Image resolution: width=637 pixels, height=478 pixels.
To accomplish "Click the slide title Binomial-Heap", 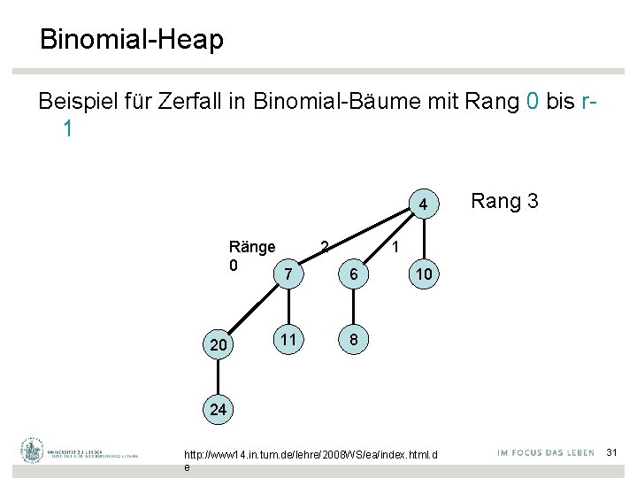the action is (x=131, y=40).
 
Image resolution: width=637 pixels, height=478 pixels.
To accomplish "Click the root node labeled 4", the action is (x=424, y=205).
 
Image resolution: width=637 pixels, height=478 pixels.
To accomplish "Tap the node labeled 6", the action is (x=353, y=274).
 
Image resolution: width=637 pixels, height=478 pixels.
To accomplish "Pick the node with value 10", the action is (x=424, y=274).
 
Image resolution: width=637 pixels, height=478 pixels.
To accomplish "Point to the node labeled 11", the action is (x=288, y=339).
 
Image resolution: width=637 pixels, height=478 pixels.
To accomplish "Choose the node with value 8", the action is (x=353, y=340).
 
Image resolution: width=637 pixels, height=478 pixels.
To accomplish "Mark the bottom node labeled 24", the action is (x=218, y=409).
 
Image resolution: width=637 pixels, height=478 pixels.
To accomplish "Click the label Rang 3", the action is (x=504, y=201).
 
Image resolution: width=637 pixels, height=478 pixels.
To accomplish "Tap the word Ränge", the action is (x=252, y=246).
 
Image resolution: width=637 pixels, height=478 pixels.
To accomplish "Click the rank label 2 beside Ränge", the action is (x=325, y=245).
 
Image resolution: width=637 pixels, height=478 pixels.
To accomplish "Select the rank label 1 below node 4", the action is (x=399, y=244).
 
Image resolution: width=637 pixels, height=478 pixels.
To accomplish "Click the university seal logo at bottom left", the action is (x=33, y=451).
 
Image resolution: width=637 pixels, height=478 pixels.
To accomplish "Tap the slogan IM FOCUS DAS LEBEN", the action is (x=545, y=453).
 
